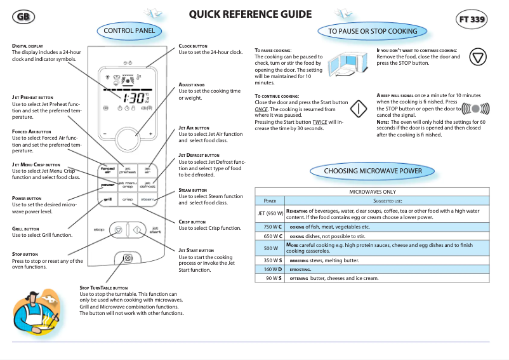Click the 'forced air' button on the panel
108,170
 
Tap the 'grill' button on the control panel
108,199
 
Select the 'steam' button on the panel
147,199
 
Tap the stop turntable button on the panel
128,258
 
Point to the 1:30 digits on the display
133,98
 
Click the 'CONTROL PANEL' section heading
128,30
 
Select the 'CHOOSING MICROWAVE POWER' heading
373,171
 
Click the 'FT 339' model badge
472,20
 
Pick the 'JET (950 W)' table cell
270,213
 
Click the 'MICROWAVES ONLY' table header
372,191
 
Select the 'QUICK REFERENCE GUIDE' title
250,15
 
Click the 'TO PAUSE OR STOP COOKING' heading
373,30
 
